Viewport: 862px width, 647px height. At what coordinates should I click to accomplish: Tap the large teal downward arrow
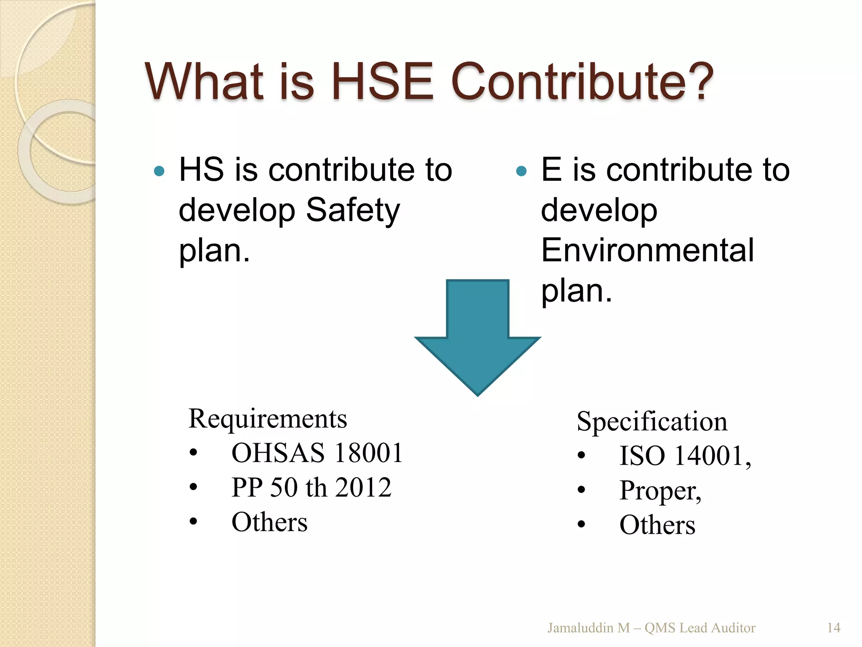coord(477,337)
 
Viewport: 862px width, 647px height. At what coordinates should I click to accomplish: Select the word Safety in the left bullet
coord(353,210)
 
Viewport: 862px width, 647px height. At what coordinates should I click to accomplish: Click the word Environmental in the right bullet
coord(647,250)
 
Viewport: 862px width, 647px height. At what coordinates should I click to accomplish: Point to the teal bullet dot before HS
coord(159,171)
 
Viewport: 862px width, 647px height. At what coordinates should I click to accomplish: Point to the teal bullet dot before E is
coord(521,171)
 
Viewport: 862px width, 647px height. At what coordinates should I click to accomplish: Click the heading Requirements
coord(268,419)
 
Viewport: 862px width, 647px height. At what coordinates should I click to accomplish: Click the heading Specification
coord(652,421)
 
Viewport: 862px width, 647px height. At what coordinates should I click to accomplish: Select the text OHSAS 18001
coord(317,453)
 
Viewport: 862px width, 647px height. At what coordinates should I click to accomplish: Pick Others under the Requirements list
coord(269,522)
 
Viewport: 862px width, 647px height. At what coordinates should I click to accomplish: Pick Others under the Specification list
coord(657,525)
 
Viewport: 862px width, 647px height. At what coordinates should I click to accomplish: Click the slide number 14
coord(833,628)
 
